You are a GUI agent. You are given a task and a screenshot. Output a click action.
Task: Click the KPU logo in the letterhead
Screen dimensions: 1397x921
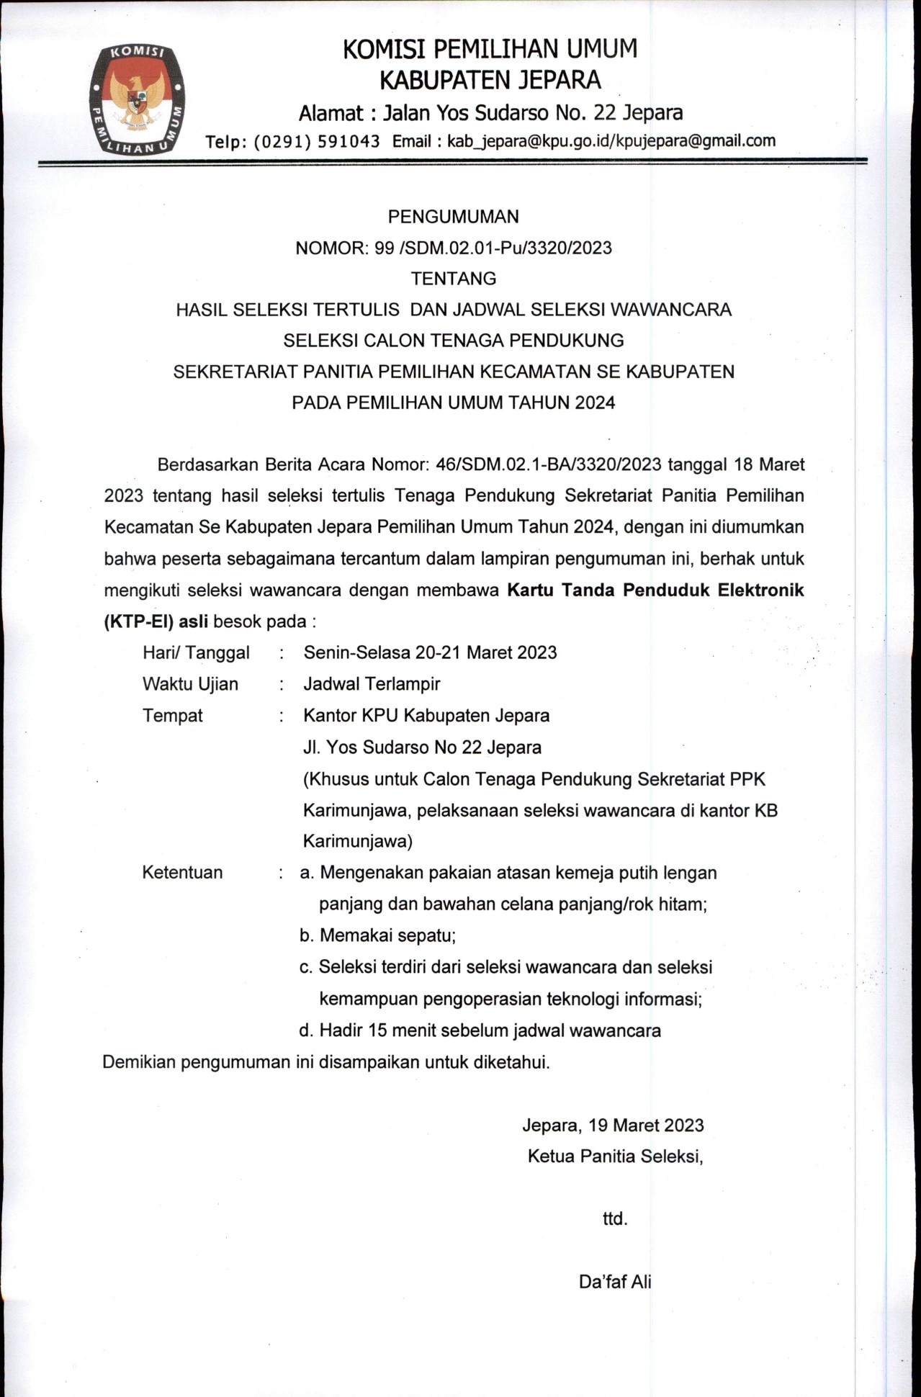click(137, 99)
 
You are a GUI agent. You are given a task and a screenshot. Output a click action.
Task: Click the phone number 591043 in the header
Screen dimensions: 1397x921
click(349, 141)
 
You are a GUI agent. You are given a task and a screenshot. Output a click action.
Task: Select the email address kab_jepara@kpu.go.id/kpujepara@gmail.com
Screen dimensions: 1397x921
click(611, 140)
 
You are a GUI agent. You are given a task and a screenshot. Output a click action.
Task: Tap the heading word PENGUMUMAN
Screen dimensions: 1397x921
click(453, 216)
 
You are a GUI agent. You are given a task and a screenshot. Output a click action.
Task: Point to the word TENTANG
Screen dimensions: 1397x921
click(453, 278)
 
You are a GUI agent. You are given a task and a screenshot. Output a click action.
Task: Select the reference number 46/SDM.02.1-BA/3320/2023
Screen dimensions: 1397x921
click(548, 464)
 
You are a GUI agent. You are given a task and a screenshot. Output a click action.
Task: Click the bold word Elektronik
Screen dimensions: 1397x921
click(760, 590)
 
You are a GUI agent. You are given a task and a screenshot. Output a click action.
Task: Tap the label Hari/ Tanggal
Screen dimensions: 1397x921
click(196, 652)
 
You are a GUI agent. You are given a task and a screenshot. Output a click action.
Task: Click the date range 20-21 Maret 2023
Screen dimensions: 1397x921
click(486, 652)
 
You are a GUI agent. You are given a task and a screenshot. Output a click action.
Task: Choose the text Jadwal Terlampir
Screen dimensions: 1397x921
click(372, 684)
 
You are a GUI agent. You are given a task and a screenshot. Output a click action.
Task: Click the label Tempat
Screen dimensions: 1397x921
click(173, 716)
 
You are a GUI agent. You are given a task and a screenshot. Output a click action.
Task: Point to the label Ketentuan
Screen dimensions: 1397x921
click(182, 873)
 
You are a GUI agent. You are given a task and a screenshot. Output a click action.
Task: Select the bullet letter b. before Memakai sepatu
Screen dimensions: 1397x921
click(307, 935)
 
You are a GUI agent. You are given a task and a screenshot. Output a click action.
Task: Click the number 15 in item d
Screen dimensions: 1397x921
click(378, 1030)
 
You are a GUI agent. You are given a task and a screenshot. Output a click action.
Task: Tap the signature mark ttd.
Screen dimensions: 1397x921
click(615, 1219)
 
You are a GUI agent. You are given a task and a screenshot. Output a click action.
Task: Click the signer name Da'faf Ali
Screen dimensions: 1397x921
click(615, 1282)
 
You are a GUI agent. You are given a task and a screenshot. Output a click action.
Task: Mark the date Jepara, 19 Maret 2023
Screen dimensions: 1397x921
click(613, 1125)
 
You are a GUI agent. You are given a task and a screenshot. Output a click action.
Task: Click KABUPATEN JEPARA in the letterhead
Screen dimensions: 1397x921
click(490, 80)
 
